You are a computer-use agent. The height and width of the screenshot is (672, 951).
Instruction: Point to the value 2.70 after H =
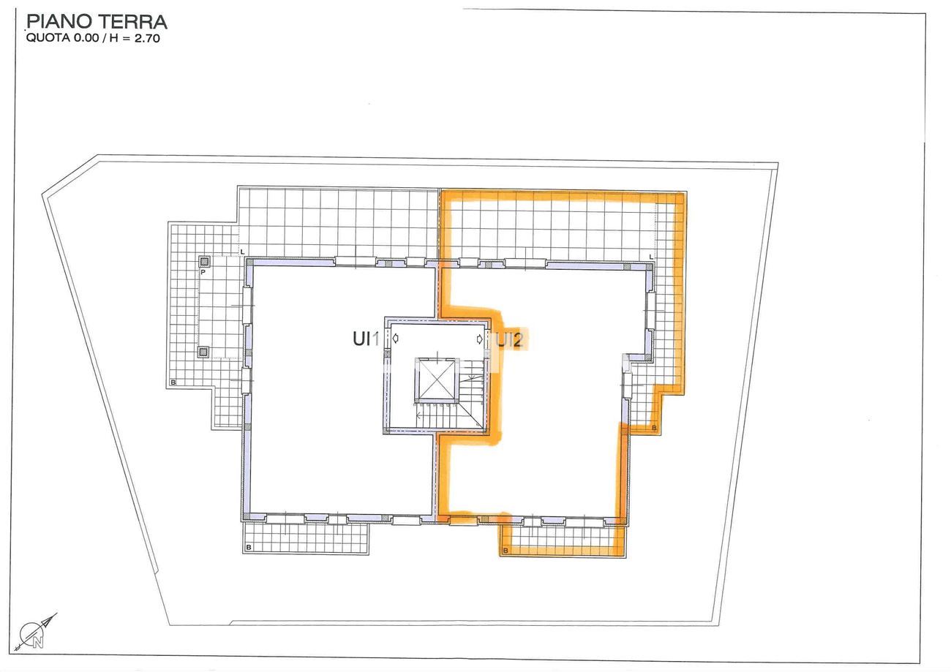tap(147, 38)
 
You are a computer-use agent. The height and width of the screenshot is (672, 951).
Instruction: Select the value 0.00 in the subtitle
tap(86, 38)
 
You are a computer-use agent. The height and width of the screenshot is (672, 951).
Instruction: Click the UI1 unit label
tap(366, 339)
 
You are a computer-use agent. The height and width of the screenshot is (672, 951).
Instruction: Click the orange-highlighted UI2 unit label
tap(508, 340)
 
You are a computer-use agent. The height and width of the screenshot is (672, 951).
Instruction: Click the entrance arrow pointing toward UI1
tap(396, 338)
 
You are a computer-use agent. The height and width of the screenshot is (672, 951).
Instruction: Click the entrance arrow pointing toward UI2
tap(479, 339)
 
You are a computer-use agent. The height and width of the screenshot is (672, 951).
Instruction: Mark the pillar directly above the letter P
tap(205, 261)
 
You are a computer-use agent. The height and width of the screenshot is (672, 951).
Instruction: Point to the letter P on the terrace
tap(203, 272)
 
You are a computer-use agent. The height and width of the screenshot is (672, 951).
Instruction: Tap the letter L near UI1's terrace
tap(243, 252)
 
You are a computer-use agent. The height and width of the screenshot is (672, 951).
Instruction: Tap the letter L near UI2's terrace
tap(651, 257)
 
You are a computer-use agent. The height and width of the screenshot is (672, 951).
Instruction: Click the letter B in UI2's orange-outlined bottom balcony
tap(505, 551)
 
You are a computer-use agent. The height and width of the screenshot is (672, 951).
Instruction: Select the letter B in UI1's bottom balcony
tap(249, 547)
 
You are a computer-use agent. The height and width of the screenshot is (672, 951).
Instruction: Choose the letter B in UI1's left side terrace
tap(173, 382)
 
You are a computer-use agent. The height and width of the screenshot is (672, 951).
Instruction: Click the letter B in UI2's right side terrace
tap(654, 428)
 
